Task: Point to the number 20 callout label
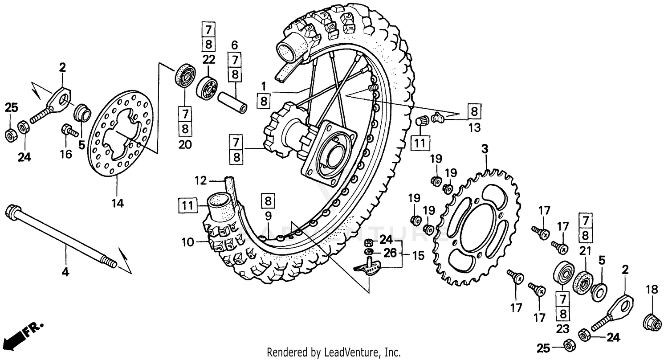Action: (185, 144)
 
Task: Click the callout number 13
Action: (474, 128)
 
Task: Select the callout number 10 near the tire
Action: (188, 243)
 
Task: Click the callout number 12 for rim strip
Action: (201, 181)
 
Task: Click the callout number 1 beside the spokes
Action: (263, 85)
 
